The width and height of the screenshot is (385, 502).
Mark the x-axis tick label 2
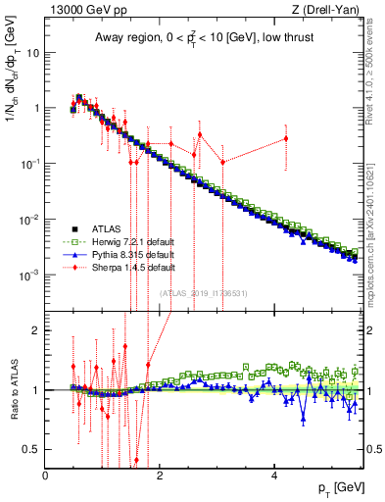tap(161, 476)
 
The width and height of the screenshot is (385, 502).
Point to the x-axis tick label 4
tap(275, 476)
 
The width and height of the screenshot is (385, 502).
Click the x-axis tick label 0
tap(46, 476)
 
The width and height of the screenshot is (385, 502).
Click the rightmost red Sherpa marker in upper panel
tap(286, 138)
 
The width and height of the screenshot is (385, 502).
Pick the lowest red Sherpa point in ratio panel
tap(136, 459)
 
